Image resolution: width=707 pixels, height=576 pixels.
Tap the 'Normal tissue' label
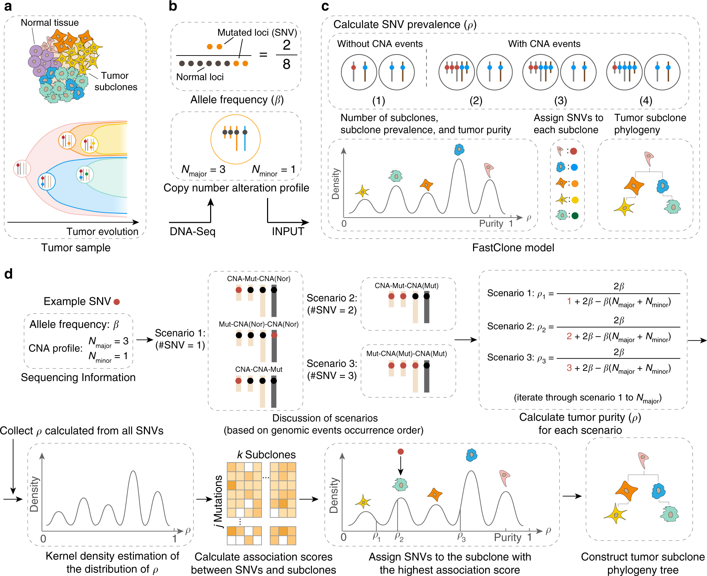(x=50, y=23)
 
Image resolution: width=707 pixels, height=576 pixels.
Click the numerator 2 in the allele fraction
(x=286, y=45)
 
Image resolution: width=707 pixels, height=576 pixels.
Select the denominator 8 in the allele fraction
(x=286, y=64)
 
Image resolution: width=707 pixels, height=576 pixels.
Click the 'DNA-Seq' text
(x=192, y=231)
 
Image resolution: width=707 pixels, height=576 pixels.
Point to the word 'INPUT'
(x=288, y=231)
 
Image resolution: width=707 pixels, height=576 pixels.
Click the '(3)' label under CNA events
(x=560, y=101)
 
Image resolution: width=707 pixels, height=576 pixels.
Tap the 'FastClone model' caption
(x=513, y=248)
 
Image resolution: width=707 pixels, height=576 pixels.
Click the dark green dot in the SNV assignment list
(x=575, y=216)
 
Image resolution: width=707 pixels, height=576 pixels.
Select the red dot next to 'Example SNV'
(x=117, y=302)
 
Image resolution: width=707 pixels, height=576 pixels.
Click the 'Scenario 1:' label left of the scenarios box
(x=180, y=333)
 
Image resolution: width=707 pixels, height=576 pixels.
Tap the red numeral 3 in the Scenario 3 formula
(x=569, y=368)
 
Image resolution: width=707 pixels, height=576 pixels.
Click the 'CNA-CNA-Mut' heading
(x=258, y=369)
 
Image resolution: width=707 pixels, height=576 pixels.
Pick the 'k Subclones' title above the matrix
(x=266, y=455)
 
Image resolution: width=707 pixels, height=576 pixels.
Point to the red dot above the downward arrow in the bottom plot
(x=400, y=451)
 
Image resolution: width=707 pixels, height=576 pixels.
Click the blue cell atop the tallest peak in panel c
(x=459, y=149)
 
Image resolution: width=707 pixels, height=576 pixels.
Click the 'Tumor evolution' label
(x=102, y=231)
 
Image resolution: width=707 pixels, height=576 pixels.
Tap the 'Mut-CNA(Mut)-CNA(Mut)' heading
(x=406, y=354)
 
